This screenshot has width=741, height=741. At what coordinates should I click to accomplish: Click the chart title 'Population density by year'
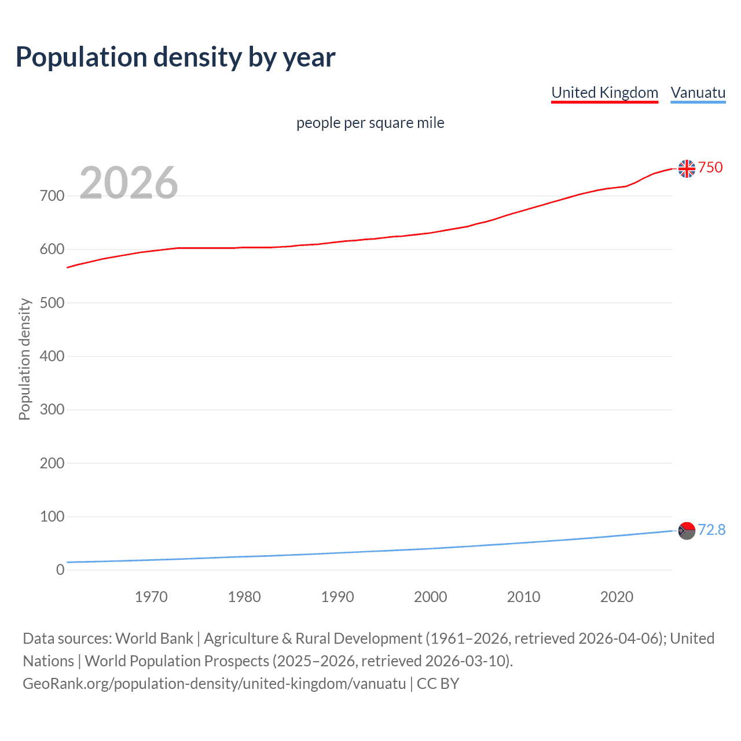pyautogui.click(x=175, y=57)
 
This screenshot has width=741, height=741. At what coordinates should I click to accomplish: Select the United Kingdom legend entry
pyautogui.click(x=604, y=93)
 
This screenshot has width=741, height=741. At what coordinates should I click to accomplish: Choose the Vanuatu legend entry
pyautogui.click(x=698, y=93)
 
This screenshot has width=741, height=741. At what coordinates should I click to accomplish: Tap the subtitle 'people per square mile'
pyautogui.click(x=370, y=123)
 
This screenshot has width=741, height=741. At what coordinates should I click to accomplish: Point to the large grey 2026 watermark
pyautogui.click(x=129, y=183)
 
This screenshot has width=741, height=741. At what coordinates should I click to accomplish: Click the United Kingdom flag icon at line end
pyautogui.click(x=687, y=168)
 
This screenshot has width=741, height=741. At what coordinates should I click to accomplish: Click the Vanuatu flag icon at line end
pyautogui.click(x=687, y=530)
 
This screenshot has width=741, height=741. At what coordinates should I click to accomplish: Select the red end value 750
pyautogui.click(x=710, y=168)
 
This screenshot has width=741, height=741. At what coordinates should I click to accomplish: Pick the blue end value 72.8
pyautogui.click(x=711, y=530)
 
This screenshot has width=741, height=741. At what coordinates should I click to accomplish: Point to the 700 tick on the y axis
pyautogui.click(x=52, y=196)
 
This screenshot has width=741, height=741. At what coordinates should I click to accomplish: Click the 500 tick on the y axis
pyautogui.click(x=52, y=303)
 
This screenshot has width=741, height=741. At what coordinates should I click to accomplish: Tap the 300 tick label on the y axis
pyautogui.click(x=52, y=410)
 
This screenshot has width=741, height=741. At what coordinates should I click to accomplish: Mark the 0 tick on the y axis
pyautogui.click(x=60, y=570)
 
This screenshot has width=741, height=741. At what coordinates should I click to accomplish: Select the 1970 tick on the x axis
pyautogui.click(x=151, y=597)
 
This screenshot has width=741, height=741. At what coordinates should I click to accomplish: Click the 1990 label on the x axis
pyautogui.click(x=338, y=597)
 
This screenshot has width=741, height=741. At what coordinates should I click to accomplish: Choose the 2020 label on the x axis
pyautogui.click(x=617, y=597)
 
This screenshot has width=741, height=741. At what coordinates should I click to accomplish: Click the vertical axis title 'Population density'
pyautogui.click(x=24, y=359)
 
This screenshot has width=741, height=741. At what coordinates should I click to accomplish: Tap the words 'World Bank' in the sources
pyautogui.click(x=154, y=639)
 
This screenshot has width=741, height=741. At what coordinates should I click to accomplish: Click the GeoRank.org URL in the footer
pyautogui.click(x=214, y=684)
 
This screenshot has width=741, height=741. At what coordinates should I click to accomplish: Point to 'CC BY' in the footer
pyautogui.click(x=438, y=684)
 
